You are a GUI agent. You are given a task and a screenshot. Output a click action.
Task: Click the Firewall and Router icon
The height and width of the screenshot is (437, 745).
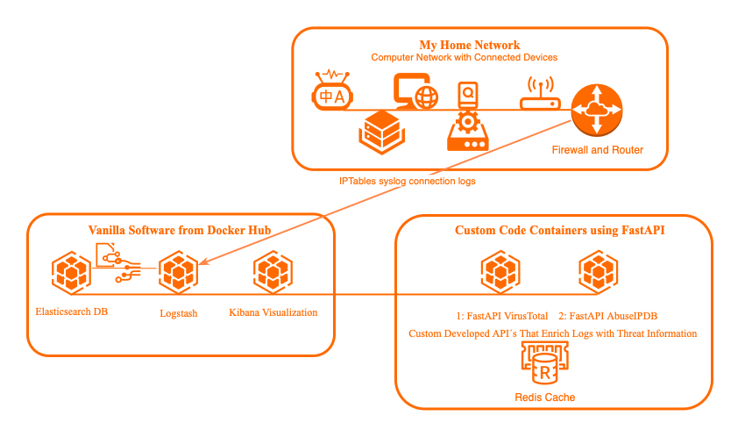pyautogui.click(x=597, y=110)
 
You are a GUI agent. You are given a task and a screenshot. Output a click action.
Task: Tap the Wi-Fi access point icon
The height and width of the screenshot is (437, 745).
pyautogui.click(x=540, y=94)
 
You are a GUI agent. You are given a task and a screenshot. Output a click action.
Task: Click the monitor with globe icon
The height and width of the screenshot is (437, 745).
pyautogui.click(x=415, y=91)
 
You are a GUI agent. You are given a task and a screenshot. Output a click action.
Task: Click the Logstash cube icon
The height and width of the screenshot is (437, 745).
pyautogui.click(x=178, y=274)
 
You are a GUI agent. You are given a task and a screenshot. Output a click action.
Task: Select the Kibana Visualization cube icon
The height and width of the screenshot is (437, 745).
pyautogui.click(x=273, y=274)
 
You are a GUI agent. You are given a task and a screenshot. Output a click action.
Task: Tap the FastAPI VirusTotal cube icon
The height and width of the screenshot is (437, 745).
pyautogui.click(x=501, y=272)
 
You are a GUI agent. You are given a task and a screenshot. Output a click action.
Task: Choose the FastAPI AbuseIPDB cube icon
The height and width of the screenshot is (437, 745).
pyautogui.click(x=598, y=272)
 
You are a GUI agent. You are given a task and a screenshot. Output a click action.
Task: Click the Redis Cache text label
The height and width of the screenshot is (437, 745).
pyautogui.click(x=545, y=398)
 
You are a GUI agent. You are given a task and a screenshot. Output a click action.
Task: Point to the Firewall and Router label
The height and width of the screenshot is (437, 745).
pyautogui.click(x=597, y=150)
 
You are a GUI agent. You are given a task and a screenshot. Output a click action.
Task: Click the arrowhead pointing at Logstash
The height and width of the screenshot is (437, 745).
pyautogui.click(x=204, y=261)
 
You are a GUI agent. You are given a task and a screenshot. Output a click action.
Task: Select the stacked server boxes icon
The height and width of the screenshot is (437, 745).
pyautogui.click(x=380, y=131)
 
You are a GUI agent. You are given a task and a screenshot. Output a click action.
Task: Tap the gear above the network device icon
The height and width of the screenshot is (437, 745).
pyautogui.click(x=467, y=119)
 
